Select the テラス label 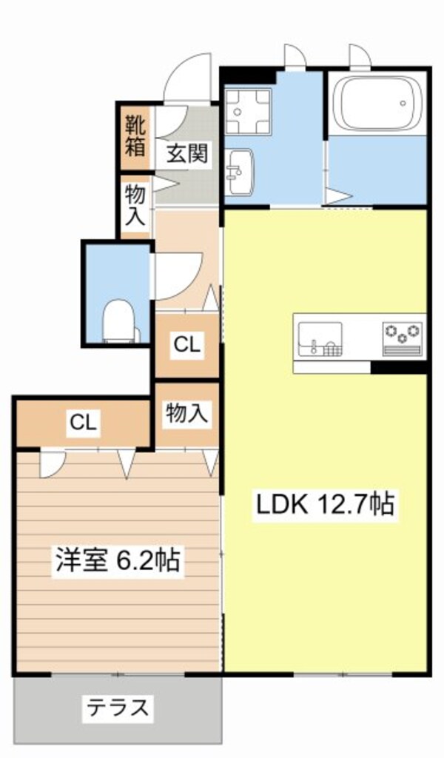click(118, 708)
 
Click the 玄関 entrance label click(186, 154)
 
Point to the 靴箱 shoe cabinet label click(135, 135)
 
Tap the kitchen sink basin click(320, 338)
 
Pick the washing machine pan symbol click(247, 112)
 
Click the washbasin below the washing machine click(240, 171)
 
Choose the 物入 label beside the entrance click(135, 206)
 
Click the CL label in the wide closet click(83, 423)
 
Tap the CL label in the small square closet click(186, 344)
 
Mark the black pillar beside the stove click(400, 367)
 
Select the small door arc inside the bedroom click(52, 464)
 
